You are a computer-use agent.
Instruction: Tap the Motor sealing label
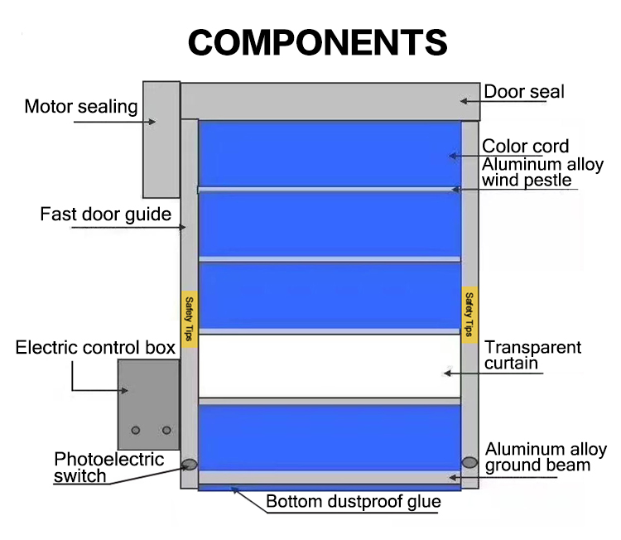click(x=80, y=106)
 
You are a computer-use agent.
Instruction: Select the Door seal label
click(x=523, y=91)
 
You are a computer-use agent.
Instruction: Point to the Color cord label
click(x=526, y=147)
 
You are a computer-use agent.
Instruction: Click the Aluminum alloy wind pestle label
click(x=542, y=172)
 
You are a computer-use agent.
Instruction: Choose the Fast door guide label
click(x=105, y=215)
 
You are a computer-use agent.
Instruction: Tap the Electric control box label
click(x=95, y=347)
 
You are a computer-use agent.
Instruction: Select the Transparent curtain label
click(x=532, y=355)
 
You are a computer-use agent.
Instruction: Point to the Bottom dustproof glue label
click(x=353, y=502)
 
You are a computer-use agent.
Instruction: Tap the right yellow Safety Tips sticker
click(x=469, y=314)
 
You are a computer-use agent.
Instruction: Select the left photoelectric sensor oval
click(x=189, y=465)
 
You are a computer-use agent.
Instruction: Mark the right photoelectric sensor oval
click(x=469, y=462)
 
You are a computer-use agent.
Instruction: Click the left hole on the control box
click(x=137, y=430)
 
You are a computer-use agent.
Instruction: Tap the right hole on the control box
click(x=166, y=430)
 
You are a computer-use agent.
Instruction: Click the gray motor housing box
click(x=161, y=138)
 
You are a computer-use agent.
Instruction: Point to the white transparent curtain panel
click(x=329, y=366)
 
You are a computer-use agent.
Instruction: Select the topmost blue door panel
click(x=329, y=154)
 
